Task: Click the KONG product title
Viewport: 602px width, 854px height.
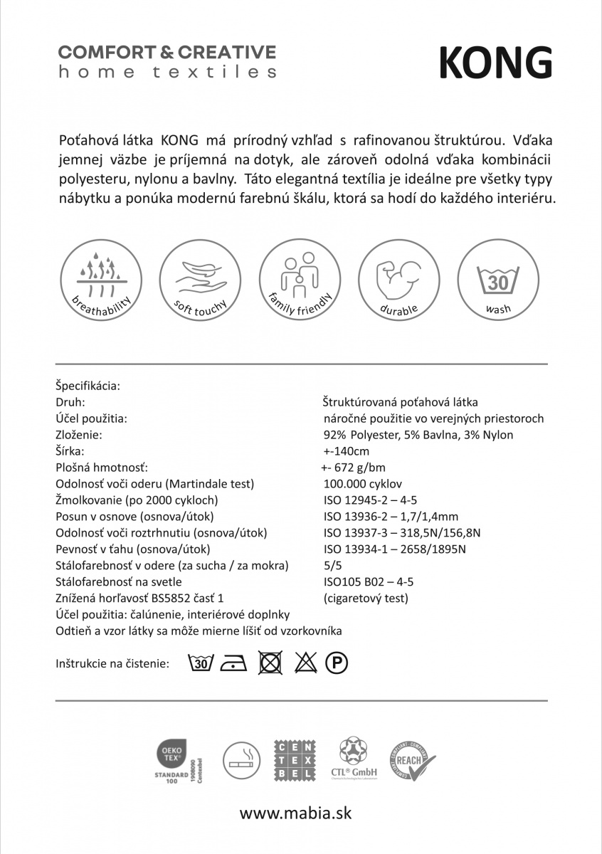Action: click(495, 63)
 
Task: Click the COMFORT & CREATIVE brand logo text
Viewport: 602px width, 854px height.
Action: click(167, 53)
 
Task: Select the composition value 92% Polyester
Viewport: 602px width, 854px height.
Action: click(418, 435)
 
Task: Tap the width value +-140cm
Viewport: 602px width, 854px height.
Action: click(346, 451)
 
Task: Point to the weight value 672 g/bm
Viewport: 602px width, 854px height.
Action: click(354, 468)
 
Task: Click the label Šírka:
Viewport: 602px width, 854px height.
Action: click(70, 451)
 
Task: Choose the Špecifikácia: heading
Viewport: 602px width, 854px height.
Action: click(88, 386)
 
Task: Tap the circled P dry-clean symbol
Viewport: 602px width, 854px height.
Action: click(337, 664)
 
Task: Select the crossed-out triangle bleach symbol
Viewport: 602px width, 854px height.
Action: click(305, 663)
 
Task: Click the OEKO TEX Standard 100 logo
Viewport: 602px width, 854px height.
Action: click(174, 760)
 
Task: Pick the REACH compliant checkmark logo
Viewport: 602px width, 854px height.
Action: click(412, 760)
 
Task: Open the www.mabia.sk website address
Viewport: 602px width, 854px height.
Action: click(295, 812)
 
